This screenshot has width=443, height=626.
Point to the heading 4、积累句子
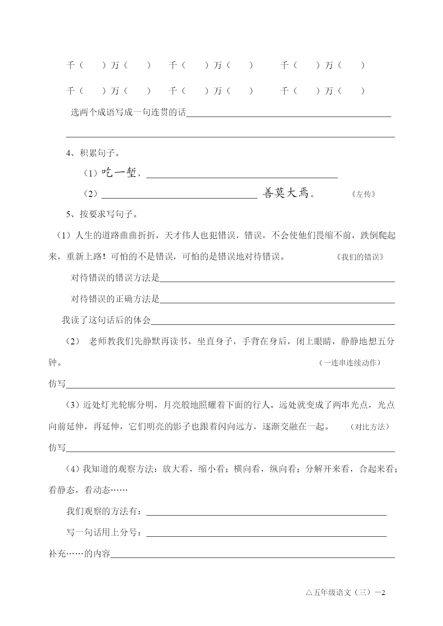point(93,154)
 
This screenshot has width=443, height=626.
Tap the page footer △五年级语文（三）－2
point(345,593)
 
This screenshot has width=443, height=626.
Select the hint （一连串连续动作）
point(350,363)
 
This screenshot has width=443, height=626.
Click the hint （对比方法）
point(369,427)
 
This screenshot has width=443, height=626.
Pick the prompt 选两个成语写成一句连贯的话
point(128,112)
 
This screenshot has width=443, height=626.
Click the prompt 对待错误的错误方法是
point(115,278)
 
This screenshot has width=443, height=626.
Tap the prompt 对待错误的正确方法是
point(115,299)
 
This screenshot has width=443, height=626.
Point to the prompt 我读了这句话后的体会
point(106,320)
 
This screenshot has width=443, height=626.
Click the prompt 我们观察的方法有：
point(106,511)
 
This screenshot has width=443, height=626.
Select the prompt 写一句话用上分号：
point(106,532)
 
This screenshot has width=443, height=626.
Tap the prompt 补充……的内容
point(79,554)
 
